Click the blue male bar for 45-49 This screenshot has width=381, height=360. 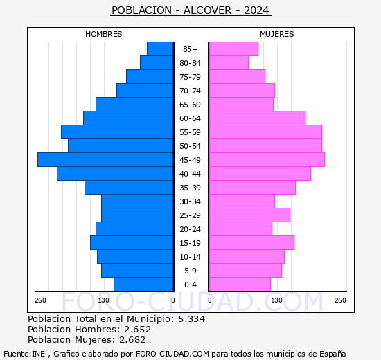pyautogui.click(x=105, y=160)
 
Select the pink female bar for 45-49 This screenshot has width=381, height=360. pyautogui.click(x=266, y=160)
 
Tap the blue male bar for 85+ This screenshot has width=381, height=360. pyautogui.click(x=160, y=49)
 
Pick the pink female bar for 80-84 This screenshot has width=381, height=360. pyautogui.click(x=228, y=63)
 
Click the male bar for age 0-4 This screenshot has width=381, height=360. pyautogui.click(x=143, y=285)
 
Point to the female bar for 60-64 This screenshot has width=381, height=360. pyautogui.click(x=256, y=118)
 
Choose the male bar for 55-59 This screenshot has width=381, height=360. pyautogui.click(x=117, y=132)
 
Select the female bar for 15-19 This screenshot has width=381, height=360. pyautogui.click(x=251, y=243)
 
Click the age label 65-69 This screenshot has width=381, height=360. pyautogui.click(x=190, y=105)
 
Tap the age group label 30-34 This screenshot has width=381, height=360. pyautogui.click(x=190, y=201)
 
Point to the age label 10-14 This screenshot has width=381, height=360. pyautogui.click(x=190, y=257)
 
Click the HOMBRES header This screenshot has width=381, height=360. pyautogui.click(x=103, y=34)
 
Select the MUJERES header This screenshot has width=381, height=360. pyautogui.click(x=276, y=34)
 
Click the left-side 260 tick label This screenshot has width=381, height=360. pyautogui.click(x=40, y=300)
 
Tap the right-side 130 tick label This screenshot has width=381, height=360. pyautogui.click(x=277, y=300)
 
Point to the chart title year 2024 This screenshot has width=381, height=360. pyautogui.click(x=257, y=10)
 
